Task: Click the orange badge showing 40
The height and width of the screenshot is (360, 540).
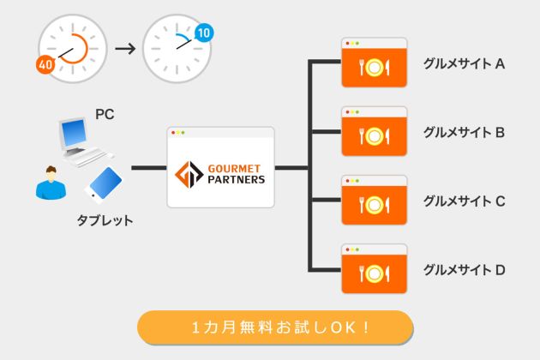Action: pyautogui.click(x=45, y=63)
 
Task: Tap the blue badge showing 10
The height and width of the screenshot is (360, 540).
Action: pyautogui.click(x=204, y=33)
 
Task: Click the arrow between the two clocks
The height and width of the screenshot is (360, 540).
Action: pyautogui.click(x=125, y=49)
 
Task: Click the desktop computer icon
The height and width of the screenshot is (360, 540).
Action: pyautogui.click(x=82, y=141)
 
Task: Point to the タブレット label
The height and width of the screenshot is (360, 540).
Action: pyautogui.click(x=105, y=220)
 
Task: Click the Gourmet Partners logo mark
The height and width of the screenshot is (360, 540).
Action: pyautogui.click(x=188, y=174)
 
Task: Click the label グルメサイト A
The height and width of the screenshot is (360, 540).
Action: pyautogui.click(x=464, y=63)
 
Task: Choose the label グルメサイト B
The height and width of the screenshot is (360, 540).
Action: pyautogui.click(x=464, y=132)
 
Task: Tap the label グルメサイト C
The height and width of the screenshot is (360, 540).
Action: pyautogui.click(x=464, y=201)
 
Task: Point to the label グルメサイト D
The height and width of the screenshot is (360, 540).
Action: pyautogui.click(x=464, y=270)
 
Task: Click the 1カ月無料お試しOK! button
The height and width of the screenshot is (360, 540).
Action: pyautogui.click(x=275, y=327)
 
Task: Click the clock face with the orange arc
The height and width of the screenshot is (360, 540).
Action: pyautogui.click(x=73, y=48)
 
